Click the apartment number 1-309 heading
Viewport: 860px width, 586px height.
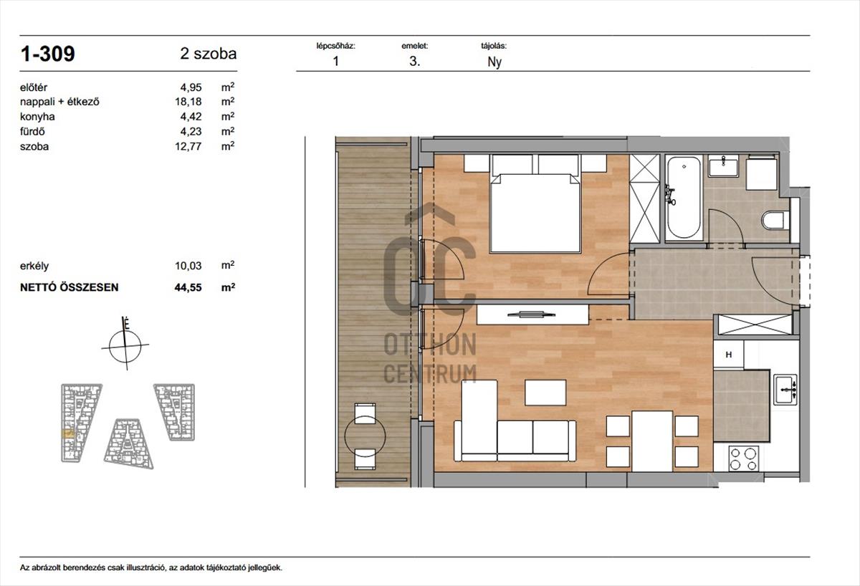47,54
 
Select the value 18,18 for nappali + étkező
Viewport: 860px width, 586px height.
188,102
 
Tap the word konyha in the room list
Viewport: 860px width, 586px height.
37,117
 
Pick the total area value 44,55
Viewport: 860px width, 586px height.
188,287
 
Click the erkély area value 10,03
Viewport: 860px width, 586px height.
188,266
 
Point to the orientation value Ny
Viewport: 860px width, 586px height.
494,62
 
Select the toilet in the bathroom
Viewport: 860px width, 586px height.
775,221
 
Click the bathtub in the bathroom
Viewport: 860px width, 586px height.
684,198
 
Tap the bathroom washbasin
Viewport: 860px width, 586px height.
723,165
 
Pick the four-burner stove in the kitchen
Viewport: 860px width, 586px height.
743,458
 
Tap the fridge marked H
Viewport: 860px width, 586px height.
728,355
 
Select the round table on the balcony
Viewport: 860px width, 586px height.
365,436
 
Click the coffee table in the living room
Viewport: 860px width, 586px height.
545,393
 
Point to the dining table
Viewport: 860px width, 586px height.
652,441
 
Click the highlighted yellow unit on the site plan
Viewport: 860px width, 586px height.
68,433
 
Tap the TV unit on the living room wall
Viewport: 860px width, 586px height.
532,314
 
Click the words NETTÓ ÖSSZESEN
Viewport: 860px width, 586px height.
69,287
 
